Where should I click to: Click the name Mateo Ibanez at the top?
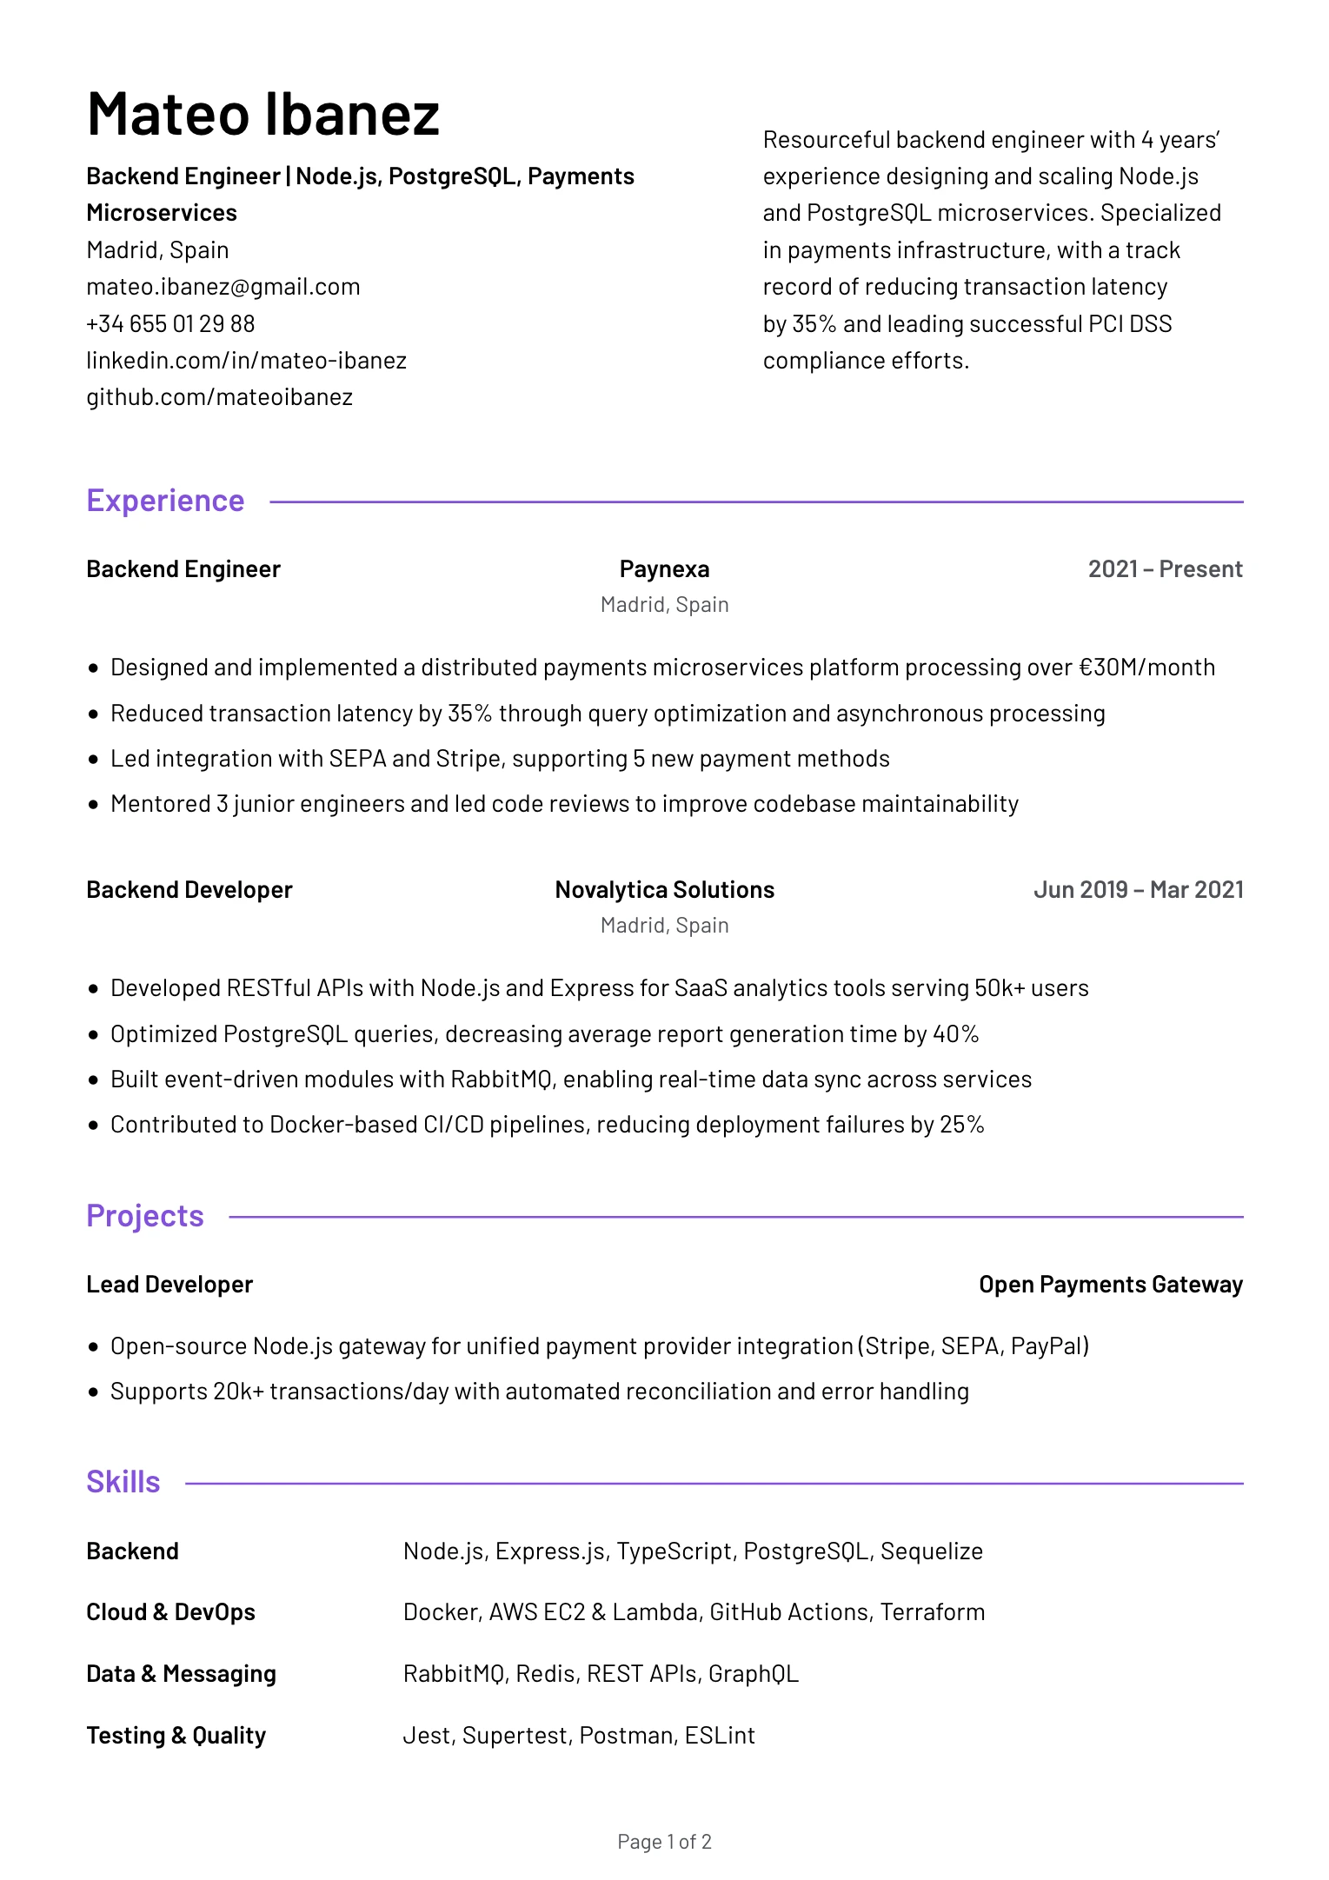263,114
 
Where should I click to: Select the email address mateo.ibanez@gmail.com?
223,287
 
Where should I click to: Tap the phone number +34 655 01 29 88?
170,324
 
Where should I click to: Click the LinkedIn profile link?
246,361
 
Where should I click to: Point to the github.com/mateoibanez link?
219,397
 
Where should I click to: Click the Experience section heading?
165,501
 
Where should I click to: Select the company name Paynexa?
664,569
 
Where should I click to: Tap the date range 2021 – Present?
1165,569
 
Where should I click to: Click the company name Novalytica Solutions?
664,890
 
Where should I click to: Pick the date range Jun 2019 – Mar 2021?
1138,890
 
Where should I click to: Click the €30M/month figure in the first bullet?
1146,668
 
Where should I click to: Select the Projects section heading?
145,1216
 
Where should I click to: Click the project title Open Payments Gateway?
1110,1285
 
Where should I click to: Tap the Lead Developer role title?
169,1285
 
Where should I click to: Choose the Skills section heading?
123,1482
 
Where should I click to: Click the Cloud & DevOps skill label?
170,1612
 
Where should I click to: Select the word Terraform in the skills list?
933,1612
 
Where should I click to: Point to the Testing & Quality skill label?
176,1736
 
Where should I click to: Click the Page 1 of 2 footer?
664,1842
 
